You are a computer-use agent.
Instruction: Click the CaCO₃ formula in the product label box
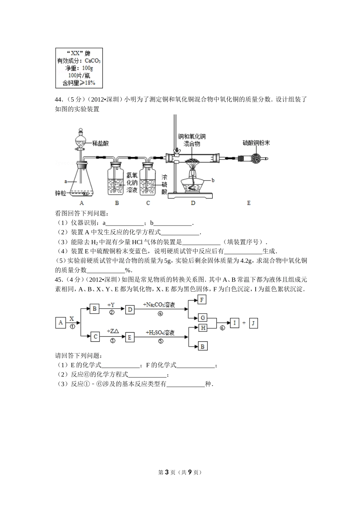93,61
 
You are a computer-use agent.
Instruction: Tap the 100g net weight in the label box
87,68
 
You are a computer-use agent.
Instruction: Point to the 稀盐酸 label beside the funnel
100,143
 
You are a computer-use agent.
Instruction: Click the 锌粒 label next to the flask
61,194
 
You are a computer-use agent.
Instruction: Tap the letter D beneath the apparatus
193,203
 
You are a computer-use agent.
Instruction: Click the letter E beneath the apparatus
249,203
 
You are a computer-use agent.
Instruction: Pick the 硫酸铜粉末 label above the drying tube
256,143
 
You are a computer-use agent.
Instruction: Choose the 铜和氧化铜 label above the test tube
192,136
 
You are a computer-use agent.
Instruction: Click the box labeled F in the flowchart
202,299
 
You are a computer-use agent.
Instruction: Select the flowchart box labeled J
253,323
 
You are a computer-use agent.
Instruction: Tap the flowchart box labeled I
235,323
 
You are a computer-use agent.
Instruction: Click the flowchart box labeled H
203,328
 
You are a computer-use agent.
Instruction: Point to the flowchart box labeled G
203,318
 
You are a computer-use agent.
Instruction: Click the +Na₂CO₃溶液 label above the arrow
159,305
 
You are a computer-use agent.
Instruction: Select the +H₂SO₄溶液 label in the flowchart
160,333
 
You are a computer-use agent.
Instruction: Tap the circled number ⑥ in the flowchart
223,328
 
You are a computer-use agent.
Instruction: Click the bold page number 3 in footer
167,472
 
